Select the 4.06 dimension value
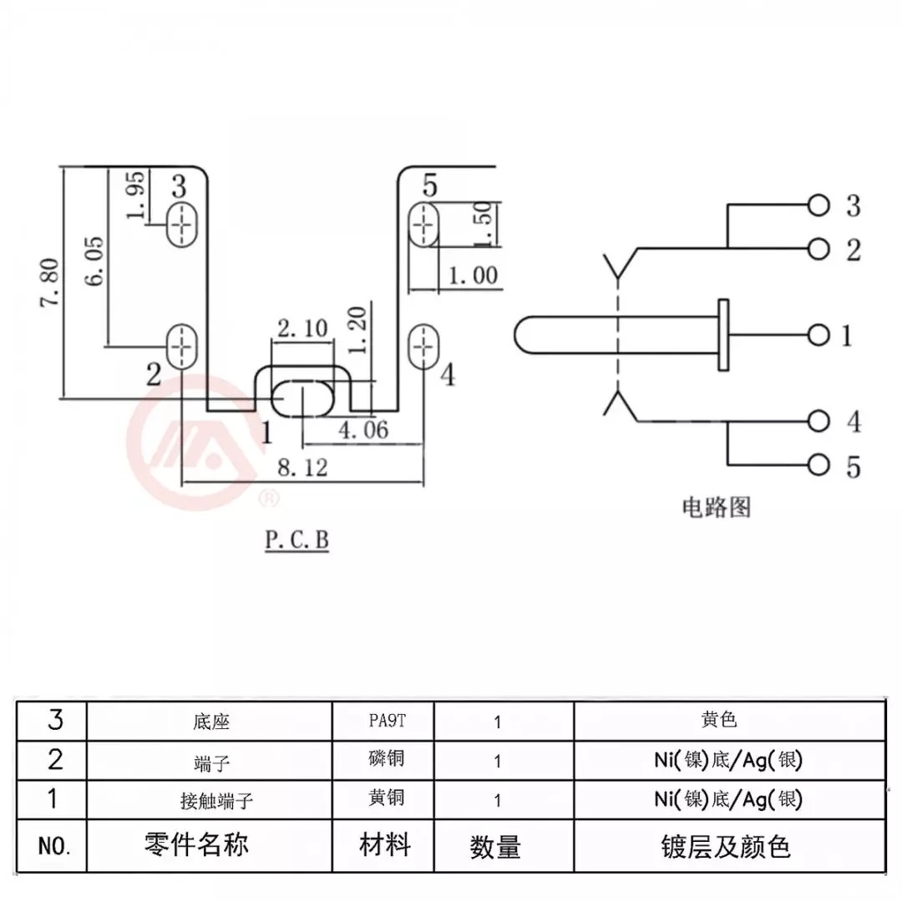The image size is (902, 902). pos(363,430)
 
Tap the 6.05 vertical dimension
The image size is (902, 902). pos(94,260)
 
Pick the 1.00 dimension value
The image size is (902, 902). pos(473,275)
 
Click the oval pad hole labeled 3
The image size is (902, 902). pos(181,223)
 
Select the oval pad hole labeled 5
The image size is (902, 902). pos(423,224)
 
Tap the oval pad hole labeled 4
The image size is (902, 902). pos(423,346)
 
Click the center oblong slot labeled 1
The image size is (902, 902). pos(302,398)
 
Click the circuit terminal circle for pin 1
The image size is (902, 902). pos(819,336)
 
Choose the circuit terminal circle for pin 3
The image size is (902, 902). pos(819,205)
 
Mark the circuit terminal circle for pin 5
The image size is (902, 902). pos(819,465)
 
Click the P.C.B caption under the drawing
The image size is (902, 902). pos(297,541)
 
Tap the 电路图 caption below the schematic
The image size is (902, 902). pos(717,507)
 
